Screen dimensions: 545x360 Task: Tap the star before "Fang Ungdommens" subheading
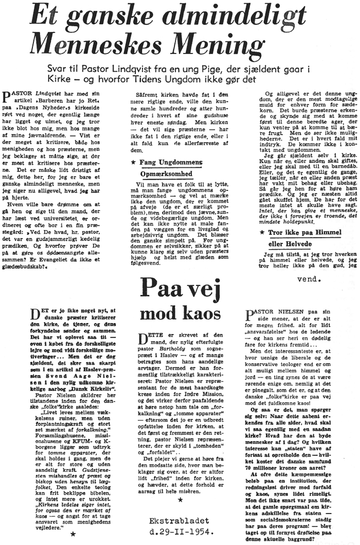point(134,163)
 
